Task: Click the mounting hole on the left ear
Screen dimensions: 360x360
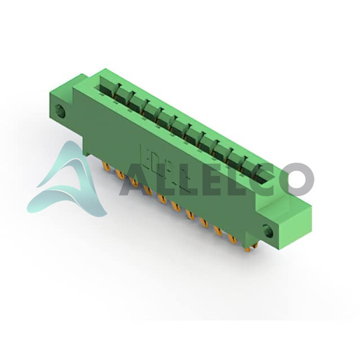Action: click(61, 112)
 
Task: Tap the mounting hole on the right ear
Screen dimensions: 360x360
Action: click(268, 231)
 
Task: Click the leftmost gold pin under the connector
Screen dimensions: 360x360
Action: click(107, 166)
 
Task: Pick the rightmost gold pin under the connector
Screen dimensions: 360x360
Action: click(248, 248)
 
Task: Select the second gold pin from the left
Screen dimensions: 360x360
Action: click(121, 175)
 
